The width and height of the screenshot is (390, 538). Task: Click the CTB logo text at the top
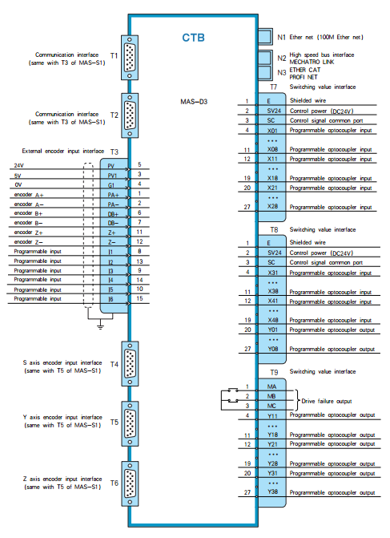pyautogui.click(x=193, y=38)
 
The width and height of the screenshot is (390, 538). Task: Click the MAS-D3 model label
pyautogui.click(x=194, y=102)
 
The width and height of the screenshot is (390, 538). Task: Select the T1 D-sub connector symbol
pyautogui.click(x=130, y=57)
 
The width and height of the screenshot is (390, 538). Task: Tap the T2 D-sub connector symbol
pyautogui.click(x=130, y=115)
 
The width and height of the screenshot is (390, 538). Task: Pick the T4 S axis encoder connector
pyautogui.click(x=130, y=364)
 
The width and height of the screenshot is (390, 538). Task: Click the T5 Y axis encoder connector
pyautogui.click(x=130, y=423)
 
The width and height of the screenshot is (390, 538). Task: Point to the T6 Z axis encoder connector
pyautogui.click(x=130, y=483)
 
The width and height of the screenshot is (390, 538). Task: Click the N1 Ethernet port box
pyautogui.click(x=265, y=36)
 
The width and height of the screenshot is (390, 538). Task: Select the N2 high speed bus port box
pyautogui.click(x=264, y=58)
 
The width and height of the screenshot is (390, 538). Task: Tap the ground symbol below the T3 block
pyautogui.click(x=100, y=326)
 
